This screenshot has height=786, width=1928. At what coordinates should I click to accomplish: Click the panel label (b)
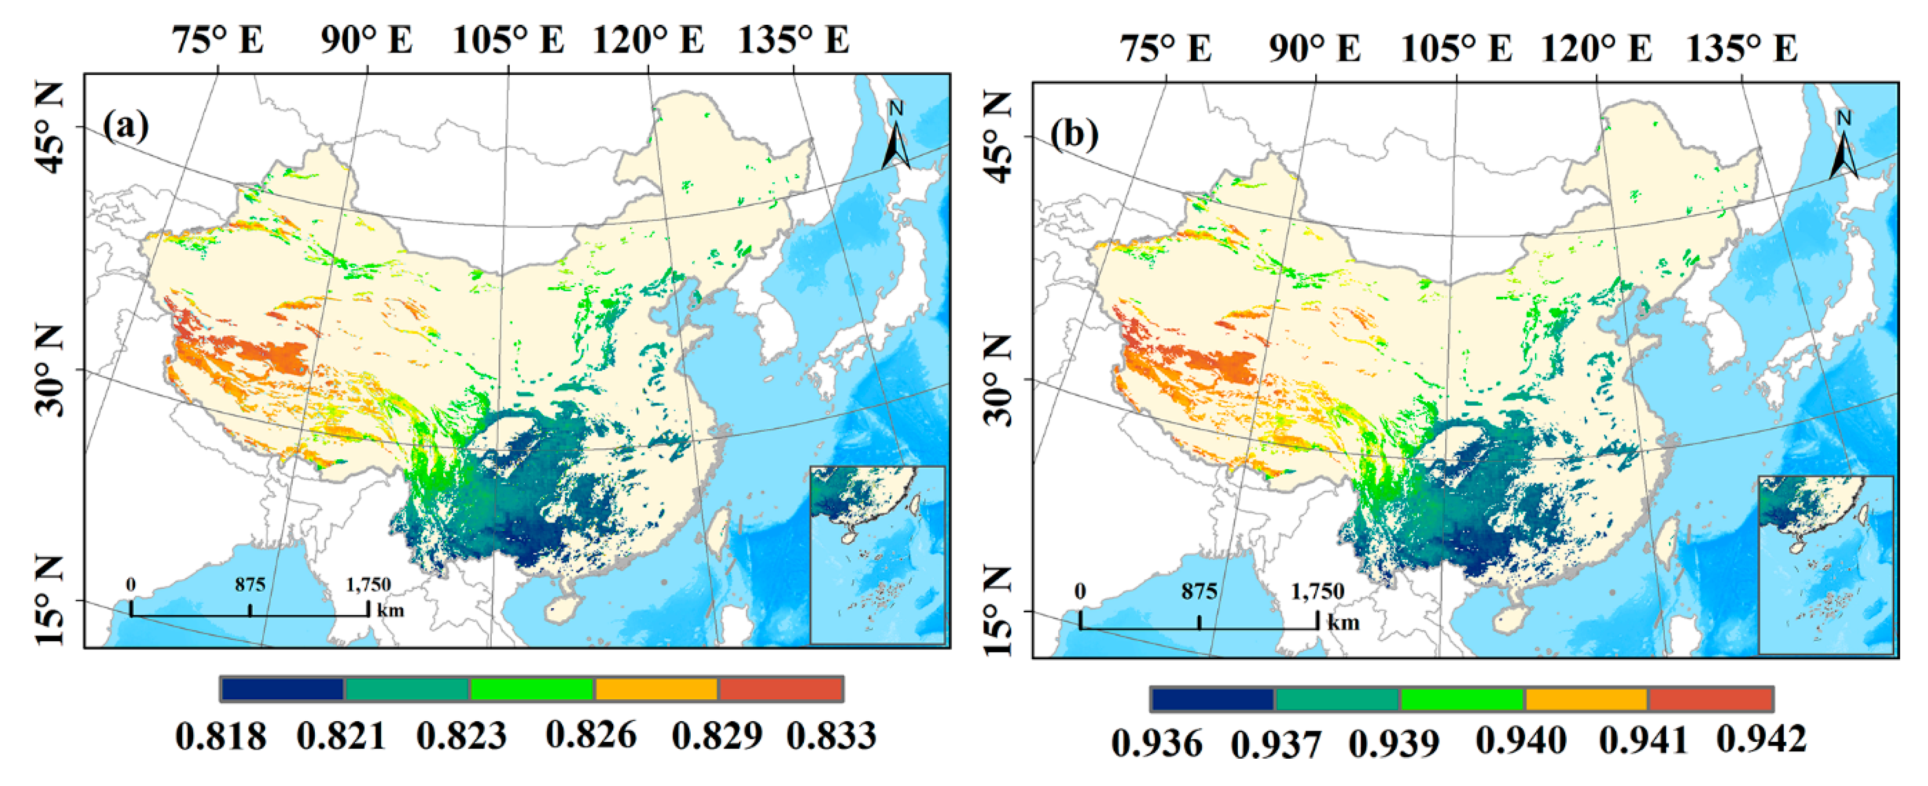point(1074,135)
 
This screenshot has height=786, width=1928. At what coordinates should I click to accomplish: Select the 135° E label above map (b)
point(1742,48)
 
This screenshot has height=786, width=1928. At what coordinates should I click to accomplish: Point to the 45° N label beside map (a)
point(51,127)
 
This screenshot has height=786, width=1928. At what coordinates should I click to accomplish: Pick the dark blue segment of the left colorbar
point(283,689)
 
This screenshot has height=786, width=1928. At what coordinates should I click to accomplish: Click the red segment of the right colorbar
point(1711,699)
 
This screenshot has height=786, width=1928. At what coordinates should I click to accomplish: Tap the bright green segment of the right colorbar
point(1462,699)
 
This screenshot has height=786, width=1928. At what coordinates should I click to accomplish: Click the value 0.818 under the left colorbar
point(221,736)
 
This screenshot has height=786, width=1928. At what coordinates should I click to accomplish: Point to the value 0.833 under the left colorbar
point(831,736)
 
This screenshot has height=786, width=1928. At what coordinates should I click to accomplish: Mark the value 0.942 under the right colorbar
point(1761,739)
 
